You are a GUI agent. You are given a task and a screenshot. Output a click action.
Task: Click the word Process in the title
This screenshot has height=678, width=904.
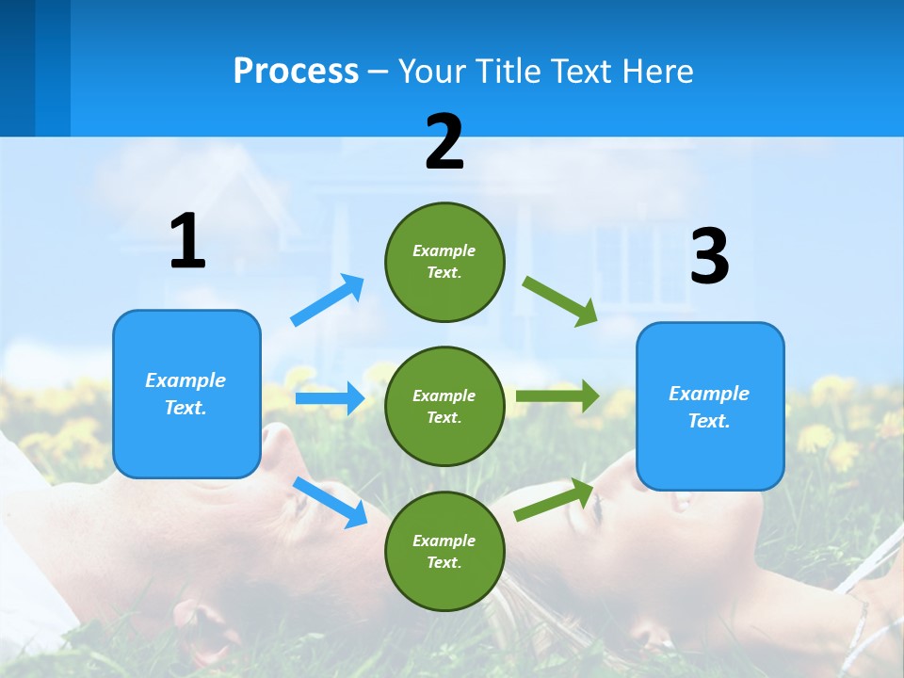click(x=296, y=72)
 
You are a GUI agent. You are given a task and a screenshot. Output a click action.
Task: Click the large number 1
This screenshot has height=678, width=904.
click(x=187, y=242)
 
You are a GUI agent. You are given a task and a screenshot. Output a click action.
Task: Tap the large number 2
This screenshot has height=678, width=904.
click(x=444, y=142)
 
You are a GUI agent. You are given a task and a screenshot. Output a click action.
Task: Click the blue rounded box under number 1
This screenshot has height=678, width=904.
click(x=186, y=394)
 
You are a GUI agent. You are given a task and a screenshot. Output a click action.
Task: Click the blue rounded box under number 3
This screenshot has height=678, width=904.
click(x=710, y=406)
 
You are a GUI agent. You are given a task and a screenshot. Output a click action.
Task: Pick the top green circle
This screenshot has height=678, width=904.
click(x=444, y=262)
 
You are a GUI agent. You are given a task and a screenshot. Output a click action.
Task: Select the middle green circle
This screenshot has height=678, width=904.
click(x=444, y=406)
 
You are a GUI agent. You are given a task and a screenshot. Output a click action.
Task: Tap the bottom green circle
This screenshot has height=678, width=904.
click(x=444, y=551)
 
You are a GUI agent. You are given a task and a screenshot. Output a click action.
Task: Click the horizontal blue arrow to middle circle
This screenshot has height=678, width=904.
click(x=329, y=398)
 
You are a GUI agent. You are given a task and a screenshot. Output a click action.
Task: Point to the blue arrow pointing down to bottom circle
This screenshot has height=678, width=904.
click(x=330, y=502)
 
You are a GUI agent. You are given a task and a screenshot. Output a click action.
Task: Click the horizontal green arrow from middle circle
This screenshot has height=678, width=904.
click(x=557, y=396)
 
